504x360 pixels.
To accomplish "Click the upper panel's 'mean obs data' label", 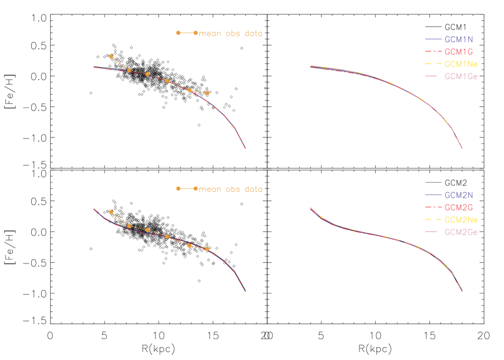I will [231, 34].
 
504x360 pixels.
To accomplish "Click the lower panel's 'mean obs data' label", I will [231, 189].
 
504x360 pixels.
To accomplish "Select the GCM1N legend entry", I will [459, 40].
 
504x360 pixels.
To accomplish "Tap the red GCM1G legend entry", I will [459, 52].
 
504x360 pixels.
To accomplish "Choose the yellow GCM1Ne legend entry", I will [461, 64].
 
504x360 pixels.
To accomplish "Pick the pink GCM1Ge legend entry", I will [461, 76].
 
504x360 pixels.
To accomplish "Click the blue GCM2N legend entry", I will [459, 195].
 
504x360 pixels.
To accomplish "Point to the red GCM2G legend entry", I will [459, 207].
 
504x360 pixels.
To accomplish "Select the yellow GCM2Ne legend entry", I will [461, 220].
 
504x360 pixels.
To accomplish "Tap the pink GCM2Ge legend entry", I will [461, 232].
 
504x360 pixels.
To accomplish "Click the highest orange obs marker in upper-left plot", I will [111, 56].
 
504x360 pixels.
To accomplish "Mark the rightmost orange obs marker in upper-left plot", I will [207, 93].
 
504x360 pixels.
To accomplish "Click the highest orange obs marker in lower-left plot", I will [111, 212].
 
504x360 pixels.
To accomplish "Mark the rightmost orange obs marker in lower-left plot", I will [207, 249].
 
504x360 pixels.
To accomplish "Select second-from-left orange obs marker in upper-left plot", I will [129, 70].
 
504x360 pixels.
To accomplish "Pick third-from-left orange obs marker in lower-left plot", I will [147, 230].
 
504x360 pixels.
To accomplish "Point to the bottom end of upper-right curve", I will [462, 149].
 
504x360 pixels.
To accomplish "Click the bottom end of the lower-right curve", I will [462, 291].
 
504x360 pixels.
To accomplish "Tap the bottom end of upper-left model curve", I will [246, 149].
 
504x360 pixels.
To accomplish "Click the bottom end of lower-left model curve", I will [246, 291].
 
